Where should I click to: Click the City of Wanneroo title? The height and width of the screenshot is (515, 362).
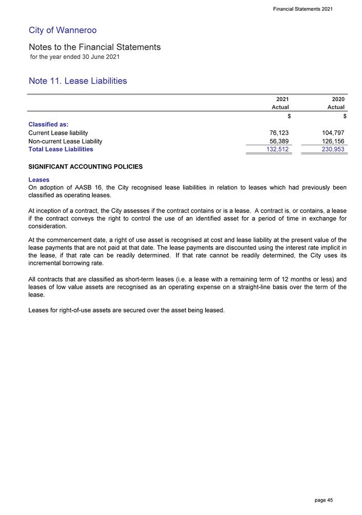(63, 30)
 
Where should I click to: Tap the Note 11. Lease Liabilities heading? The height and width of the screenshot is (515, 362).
(78, 81)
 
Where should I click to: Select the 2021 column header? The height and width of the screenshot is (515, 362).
(282, 98)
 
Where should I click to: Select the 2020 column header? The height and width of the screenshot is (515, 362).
(338, 98)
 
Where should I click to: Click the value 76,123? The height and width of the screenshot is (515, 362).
(279, 133)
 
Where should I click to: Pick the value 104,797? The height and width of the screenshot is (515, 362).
(333, 133)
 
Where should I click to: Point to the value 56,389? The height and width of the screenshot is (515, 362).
(279, 141)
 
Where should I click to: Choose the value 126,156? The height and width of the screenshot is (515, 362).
(333, 141)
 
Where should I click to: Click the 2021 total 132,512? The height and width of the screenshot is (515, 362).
(277, 150)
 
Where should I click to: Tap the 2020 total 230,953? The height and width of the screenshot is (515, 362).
(332, 150)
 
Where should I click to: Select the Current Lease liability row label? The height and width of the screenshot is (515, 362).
(58, 133)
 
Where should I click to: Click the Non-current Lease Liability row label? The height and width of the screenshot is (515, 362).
(65, 141)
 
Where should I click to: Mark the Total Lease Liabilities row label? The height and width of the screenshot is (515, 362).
(61, 149)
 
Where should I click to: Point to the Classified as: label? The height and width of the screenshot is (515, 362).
(49, 125)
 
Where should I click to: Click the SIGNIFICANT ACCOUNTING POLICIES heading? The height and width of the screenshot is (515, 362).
(86, 167)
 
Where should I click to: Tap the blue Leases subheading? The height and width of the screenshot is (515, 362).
(39, 180)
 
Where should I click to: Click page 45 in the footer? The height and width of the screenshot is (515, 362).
(324, 500)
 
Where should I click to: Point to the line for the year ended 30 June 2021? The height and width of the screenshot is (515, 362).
(75, 57)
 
